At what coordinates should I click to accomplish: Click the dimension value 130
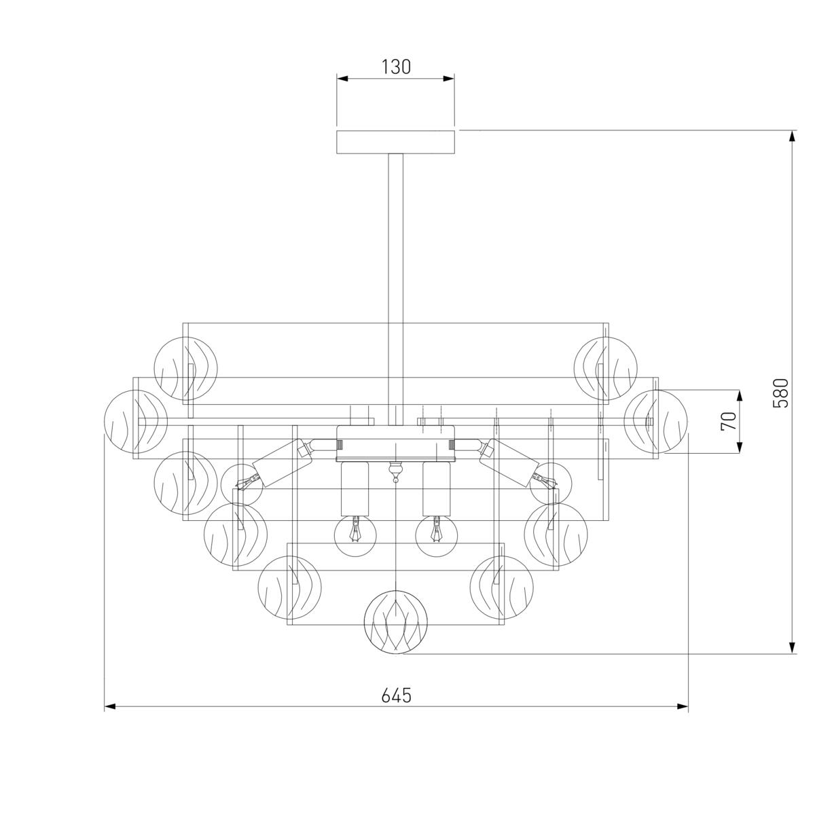(396, 67)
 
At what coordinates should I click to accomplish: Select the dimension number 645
(396, 695)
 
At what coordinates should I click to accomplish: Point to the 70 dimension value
(729, 421)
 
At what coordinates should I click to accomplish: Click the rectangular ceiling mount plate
(395, 142)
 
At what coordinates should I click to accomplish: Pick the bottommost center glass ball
(396, 622)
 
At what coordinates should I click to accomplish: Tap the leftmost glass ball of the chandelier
(136, 421)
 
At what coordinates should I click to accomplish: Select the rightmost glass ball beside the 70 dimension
(655, 421)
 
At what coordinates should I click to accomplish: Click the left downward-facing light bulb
(355, 535)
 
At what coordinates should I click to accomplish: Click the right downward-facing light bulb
(437, 535)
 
